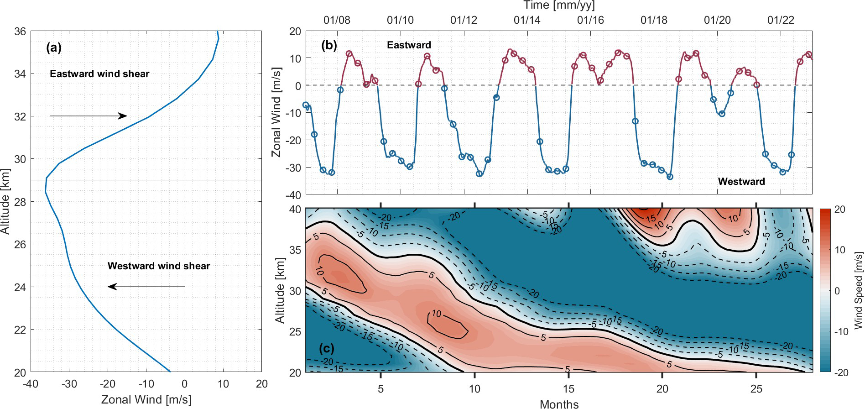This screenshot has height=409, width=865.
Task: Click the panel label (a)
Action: pyautogui.click(x=54, y=47)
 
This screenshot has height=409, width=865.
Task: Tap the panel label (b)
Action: pyautogui.click(x=329, y=45)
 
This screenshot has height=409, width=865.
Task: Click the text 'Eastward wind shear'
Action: pyautogui.click(x=99, y=74)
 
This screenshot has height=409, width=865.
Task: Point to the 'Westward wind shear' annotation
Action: pyautogui.click(x=159, y=266)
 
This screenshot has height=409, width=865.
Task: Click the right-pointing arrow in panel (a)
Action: pyautogui.click(x=88, y=116)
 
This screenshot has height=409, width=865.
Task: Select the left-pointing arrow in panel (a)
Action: pyautogui.click(x=146, y=287)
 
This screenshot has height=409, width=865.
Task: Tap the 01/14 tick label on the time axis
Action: pyautogui.click(x=526, y=20)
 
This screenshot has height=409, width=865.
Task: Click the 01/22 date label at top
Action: pyautogui.click(x=781, y=20)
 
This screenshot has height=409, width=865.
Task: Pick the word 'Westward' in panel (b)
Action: pyautogui.click(x=741, y=181)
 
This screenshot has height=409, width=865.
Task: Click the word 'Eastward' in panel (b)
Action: pyautogui.click(x=409, y=45)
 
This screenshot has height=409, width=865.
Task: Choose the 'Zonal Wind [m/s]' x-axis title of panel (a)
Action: pyautogui.click(x=146, y=400)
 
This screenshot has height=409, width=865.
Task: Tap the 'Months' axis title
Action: pyautogui.click(x=559, y=404)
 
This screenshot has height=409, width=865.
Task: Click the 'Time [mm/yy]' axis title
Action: pyautogui.click(x=559, y=5)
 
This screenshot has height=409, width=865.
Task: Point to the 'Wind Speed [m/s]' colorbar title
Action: pyautogui.click(x=858, y=290)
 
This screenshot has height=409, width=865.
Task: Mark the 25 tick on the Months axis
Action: pyautogui.click(x=756, y=389)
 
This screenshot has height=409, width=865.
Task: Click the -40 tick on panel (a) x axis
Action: pyautogui.click(x=31, y=384)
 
